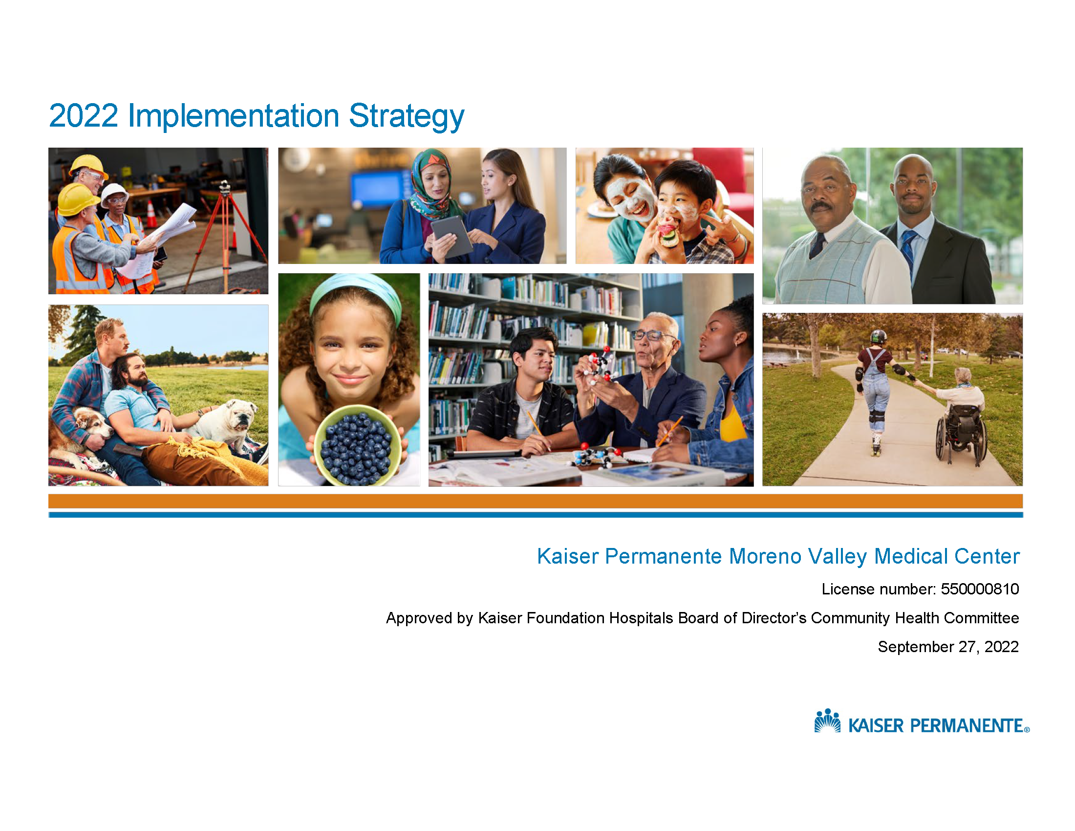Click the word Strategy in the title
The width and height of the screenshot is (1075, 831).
(x=406, y=117)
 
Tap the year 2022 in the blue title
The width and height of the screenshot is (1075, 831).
(x=84, y=116)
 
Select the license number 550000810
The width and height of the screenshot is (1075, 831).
(x=980, y=589)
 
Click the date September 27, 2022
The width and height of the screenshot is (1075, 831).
(x=948, y=646)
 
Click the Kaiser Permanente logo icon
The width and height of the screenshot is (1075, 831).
(x=827, y=721)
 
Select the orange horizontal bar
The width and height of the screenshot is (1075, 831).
(x=536, y=501)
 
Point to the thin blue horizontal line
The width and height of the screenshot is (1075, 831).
(x=536, y=515)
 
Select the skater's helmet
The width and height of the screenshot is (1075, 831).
(x=878, y=337)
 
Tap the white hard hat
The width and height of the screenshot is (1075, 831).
(x=115, y=193)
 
